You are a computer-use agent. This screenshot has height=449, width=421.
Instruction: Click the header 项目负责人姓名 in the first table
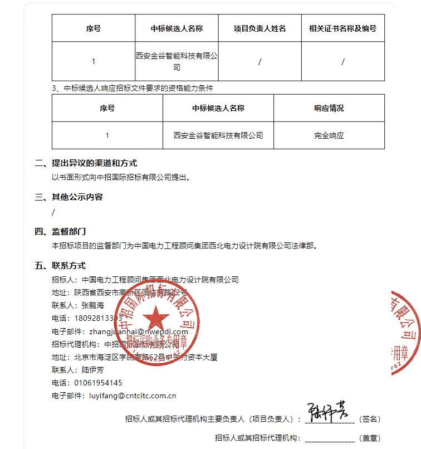[260, 28]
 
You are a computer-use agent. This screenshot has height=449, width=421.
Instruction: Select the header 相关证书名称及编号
[342, 28]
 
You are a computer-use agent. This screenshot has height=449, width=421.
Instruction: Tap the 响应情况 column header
[329, 108]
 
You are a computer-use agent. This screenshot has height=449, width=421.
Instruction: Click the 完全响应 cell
[329, 135]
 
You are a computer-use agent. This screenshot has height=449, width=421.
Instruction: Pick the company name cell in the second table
[218, 135]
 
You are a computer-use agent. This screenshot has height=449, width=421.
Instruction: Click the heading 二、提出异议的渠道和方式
[86, 163]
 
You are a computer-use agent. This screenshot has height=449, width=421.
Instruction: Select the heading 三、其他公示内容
[69, 197]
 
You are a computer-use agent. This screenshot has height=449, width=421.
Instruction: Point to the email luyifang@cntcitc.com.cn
[130, 396]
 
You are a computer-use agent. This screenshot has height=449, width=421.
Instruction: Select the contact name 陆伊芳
[92, 370]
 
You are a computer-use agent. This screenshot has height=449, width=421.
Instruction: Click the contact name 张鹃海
[92, 305]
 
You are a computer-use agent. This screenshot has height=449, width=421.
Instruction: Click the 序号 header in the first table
[94, 28]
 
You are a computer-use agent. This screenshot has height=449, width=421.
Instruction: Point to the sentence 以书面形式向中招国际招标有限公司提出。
[122, 178]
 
